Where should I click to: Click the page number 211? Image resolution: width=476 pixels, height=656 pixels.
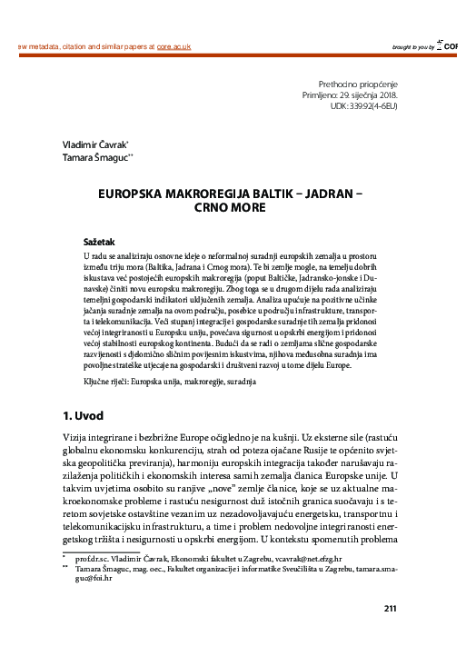(392, 608)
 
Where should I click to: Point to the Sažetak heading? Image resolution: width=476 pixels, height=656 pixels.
(102, 244)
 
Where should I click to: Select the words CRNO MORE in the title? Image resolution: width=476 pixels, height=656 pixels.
(238, 208)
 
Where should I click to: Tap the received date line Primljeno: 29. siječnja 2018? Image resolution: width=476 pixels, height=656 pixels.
(350, 94)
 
